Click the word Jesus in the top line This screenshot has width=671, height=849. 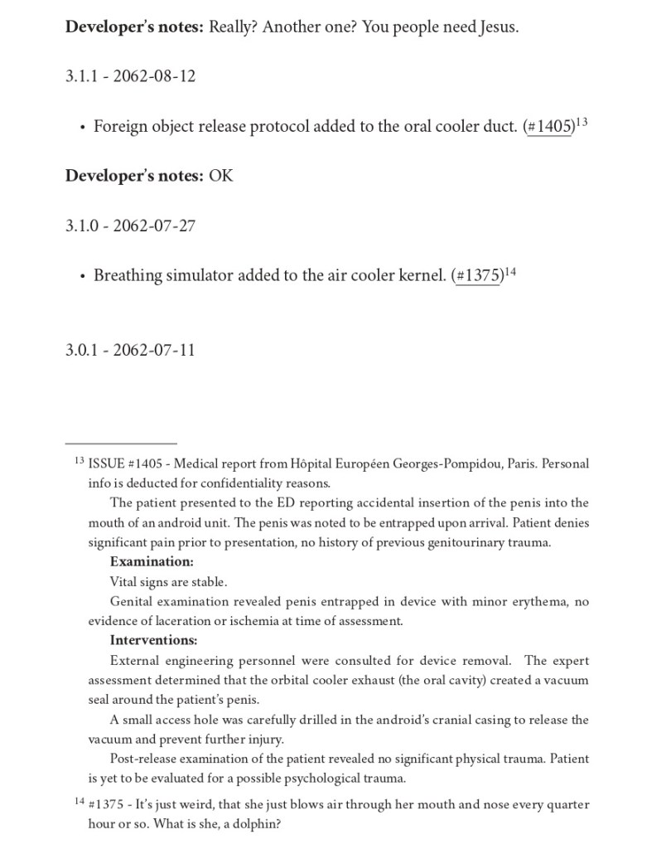496,27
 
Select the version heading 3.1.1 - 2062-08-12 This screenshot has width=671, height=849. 130,76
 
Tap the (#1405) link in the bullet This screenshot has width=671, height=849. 549,127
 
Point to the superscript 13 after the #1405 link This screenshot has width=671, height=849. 582,123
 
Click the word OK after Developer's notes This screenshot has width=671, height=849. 221,176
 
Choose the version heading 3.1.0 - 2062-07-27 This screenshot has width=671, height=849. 130,226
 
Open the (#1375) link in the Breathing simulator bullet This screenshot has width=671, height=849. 478,276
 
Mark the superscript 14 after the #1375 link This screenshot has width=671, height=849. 510,272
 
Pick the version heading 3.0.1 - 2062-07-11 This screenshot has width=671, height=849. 130,350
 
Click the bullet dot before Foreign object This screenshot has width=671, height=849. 82,128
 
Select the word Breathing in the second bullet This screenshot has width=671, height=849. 128,276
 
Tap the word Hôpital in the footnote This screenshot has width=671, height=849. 300,463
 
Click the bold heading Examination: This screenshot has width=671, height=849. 152,562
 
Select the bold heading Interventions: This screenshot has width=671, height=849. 153,641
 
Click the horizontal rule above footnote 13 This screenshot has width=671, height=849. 121,444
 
